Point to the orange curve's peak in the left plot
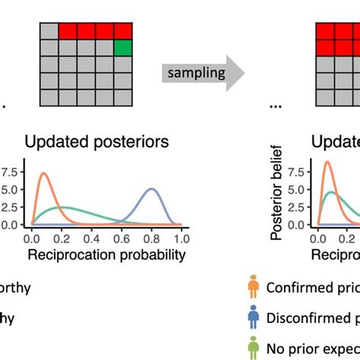pos(44,174)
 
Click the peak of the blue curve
pos(152,189)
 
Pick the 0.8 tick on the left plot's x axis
pos(152,238)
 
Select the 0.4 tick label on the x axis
pos(92,238)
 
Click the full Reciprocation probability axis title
pos(106,254)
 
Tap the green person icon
pos(252,349)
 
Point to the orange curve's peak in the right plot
pos(327,162)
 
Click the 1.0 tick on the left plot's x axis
pos(182,238)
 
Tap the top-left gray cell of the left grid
pos(49,31)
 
